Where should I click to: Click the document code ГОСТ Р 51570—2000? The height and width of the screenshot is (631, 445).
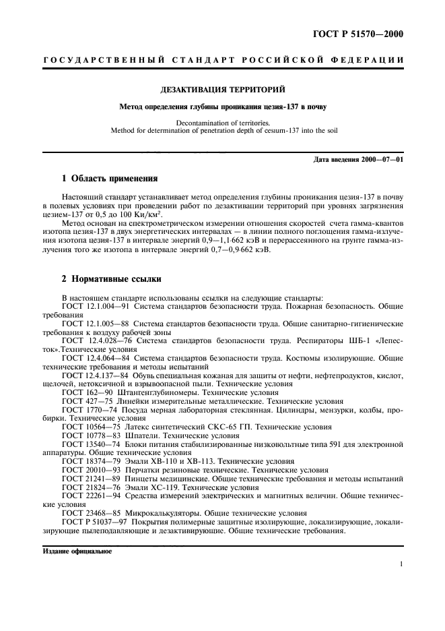click(364, 33)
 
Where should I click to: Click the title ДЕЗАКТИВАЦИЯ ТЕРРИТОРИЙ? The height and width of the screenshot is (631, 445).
click(222, 89)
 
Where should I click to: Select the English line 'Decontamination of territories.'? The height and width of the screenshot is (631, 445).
click(222, 123)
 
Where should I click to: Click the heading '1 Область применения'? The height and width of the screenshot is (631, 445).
click(109, 179)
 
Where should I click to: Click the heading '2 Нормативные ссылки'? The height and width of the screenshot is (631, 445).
click(111, 279)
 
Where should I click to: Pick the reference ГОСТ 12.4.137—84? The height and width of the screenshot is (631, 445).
click(94, 375)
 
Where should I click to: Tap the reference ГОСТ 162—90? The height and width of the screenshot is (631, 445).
click(84, 392)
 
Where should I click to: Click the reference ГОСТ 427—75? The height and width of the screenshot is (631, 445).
click(84, 400)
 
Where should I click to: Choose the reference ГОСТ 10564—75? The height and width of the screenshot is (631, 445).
click(89, 427)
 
